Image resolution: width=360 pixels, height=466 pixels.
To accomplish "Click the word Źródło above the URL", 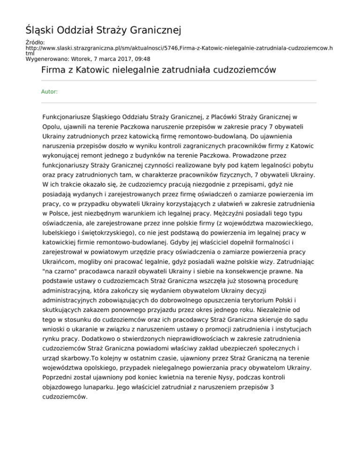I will pos(35,43).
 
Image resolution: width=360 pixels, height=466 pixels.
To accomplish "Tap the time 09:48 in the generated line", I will pos(142,59).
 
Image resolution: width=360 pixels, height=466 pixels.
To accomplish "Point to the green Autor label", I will pos(50,92).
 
